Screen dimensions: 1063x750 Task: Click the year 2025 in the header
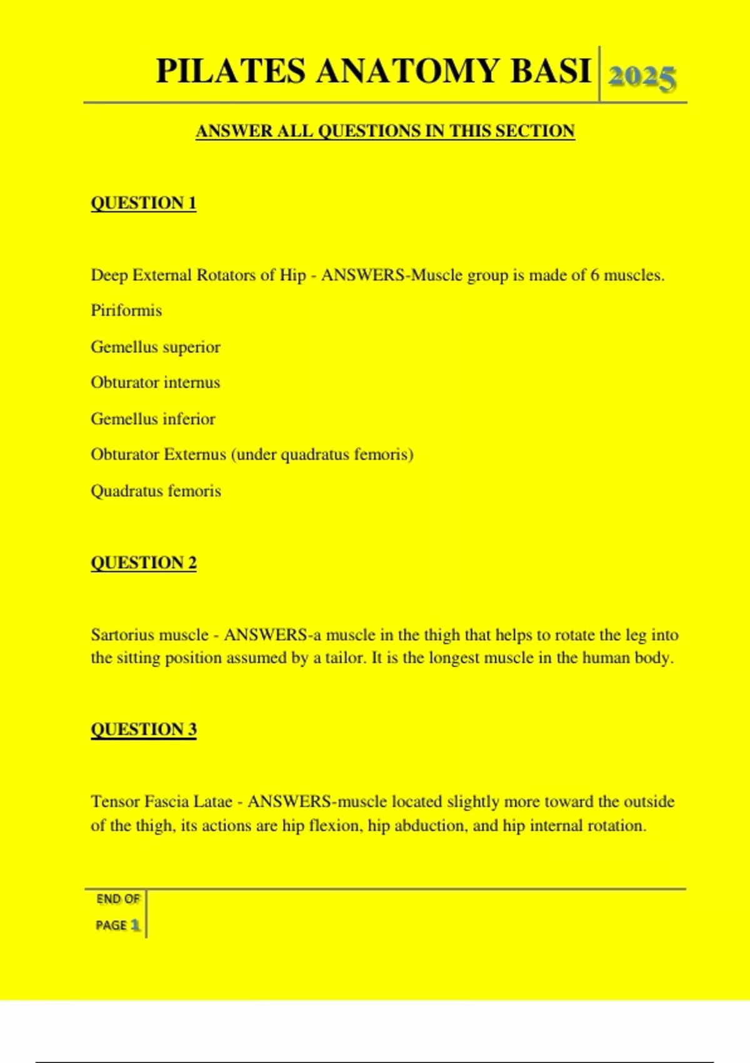click(x=642, y=78)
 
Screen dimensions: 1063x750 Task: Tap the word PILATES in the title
click(x=231, y=71)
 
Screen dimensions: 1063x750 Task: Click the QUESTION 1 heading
click(x=144, y=203)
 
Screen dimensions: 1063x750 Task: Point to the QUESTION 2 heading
click(x=144, y=563)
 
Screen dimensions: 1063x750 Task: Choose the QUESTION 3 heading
click(x=144, y=729)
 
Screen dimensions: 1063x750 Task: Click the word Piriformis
click(x=126, y=311)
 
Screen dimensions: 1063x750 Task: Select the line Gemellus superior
click(x=156, y=347)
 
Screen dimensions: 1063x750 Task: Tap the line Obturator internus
click(x=156, y=383)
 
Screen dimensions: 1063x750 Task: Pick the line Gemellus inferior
click(x=153, y=419)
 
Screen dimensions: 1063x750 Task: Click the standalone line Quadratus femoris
click(x=156, y=491)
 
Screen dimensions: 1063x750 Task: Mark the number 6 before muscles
click(x=594, y=276)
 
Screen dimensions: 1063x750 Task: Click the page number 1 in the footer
click(x=135, y=925)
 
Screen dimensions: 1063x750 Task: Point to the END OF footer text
click(x=117, y=899)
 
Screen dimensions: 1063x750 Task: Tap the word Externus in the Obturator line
click(x=194, y=455)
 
